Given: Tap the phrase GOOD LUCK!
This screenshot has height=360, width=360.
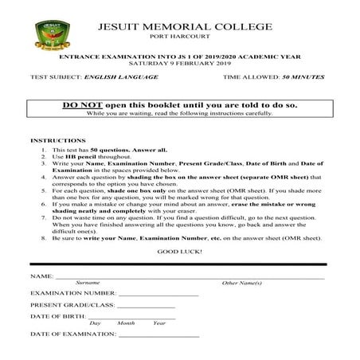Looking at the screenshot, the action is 179,250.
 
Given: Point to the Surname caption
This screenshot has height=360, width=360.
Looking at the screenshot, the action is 87,283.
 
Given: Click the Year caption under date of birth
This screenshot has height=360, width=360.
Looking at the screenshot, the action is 159,323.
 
